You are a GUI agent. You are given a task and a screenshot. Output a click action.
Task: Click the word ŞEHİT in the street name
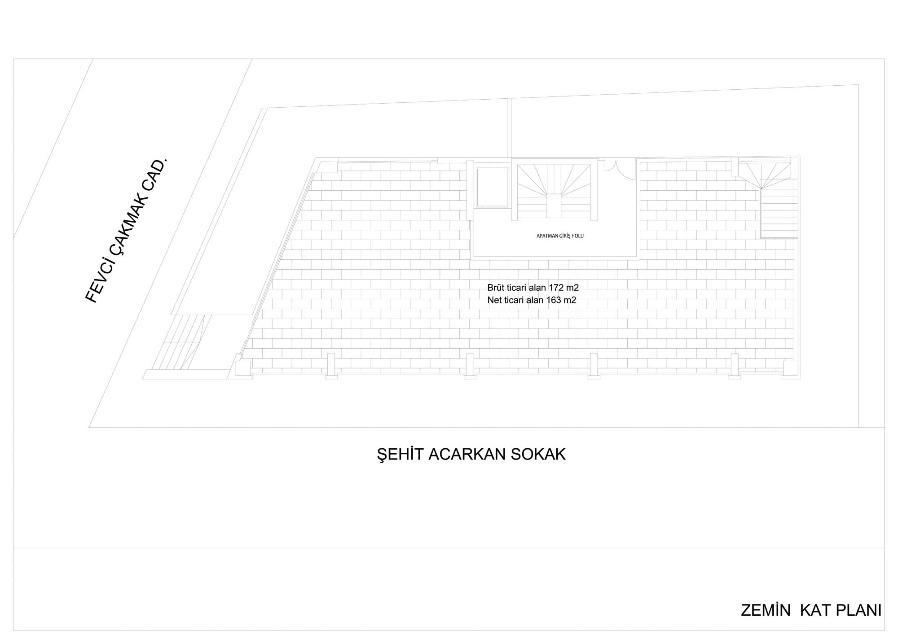pos(400,454)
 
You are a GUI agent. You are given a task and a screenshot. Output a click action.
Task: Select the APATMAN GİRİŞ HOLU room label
pos(560,236)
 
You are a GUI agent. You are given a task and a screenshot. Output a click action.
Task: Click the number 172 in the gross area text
pos(556,288)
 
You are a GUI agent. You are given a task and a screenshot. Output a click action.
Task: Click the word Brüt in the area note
pos(495,288)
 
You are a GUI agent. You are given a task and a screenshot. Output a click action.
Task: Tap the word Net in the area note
pos(494,300)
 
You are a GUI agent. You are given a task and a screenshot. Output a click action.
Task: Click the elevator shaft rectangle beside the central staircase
pos(493,187)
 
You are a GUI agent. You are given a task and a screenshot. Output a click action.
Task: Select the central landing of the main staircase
pos(554,205)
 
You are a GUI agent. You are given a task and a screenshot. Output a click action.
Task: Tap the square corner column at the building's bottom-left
pos(243,368)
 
